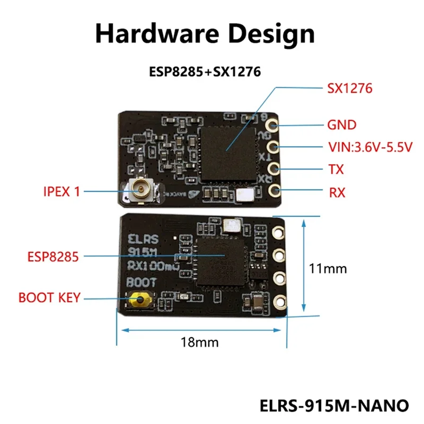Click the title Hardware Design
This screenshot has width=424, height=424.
pyautogui.click(x=205, y=34)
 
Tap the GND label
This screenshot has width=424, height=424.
pyautogui.click(x=341, y=125)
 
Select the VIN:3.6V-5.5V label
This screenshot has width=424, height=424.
pyautogui.click(x=369, y=147)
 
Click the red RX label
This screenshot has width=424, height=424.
pyautogui.click(x=337, y=192)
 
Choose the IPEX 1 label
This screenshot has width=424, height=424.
pyautogui.click(x=61, y=191)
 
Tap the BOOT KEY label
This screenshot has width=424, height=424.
pyautogui.click(x=49, y=297)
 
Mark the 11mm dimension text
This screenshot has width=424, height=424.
pyautogui.click(x=328, y=269)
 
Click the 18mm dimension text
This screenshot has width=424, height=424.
pyautogui.click(x=200, y=342)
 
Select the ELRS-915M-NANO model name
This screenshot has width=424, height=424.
pyautogui.click(x=335, y=406)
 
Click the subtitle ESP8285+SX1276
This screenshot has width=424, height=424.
pyautogui.click(x=205, y=72)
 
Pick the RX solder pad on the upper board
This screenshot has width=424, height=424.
pyautogui.click(x=273, y=190)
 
